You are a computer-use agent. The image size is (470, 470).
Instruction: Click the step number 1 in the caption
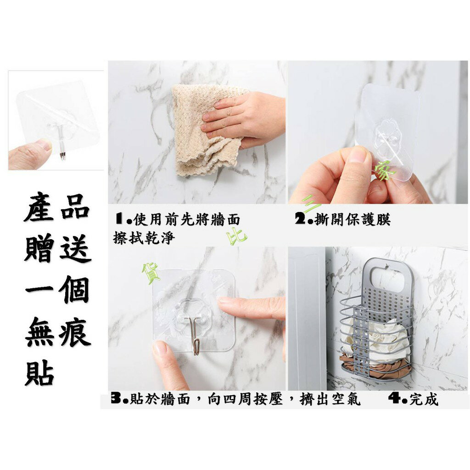click(120, 219)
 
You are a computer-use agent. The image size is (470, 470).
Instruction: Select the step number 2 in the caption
click(300, 219)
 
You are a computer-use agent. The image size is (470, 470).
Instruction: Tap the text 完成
click(424, 399)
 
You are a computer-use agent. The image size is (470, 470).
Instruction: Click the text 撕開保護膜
click(352, 219)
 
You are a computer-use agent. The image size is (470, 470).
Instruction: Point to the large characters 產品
click(56, 208)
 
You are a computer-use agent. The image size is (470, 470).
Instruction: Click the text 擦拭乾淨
click(144, 238)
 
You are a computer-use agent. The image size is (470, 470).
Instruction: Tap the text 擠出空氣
click(330, 399)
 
